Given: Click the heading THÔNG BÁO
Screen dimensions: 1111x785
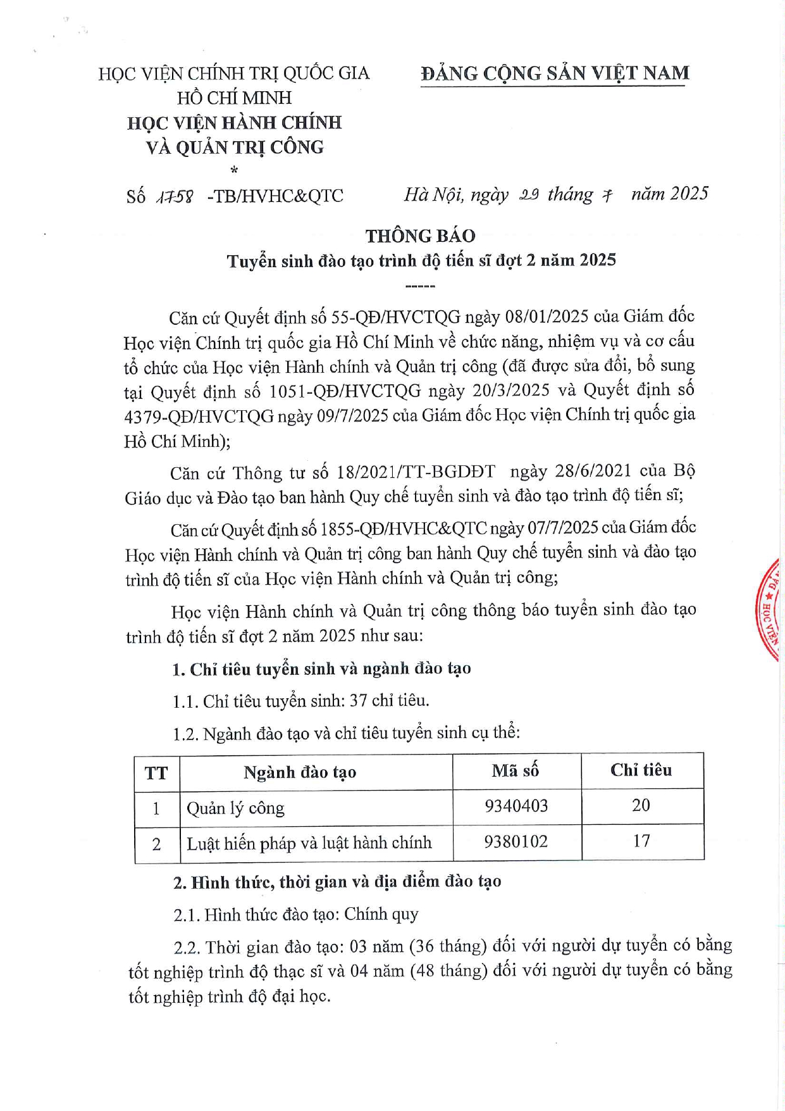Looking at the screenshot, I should pos(420,235).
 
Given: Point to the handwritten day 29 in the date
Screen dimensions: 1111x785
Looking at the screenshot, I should pos(529,195).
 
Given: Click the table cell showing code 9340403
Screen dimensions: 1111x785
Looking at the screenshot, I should pos(516,806).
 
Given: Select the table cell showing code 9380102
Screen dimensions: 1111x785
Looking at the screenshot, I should pos(516,842).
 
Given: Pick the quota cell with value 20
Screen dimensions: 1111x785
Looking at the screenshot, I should pos(641,805).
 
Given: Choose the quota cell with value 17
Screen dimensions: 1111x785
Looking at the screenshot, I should pos(641,841).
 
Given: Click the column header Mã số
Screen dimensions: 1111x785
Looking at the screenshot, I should pos(516,770).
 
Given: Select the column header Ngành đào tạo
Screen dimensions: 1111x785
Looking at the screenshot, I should pos(300,772).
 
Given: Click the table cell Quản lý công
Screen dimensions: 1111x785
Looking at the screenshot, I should pos(235,808).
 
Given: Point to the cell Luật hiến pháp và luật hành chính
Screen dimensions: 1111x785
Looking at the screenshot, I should pos(309,843).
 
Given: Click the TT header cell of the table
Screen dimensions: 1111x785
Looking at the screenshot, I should pos(156,773).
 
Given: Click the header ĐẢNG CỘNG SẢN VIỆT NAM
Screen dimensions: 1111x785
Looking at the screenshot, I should pos(555,73).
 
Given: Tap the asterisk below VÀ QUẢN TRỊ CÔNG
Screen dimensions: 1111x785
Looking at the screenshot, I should pos(234,170).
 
